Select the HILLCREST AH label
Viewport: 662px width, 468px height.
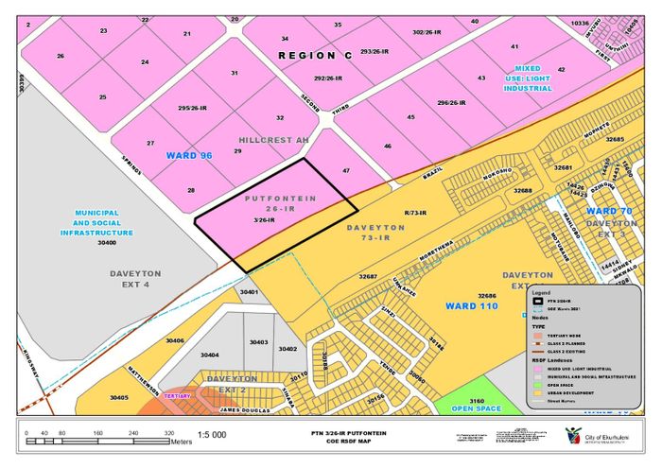[x=273, y=140]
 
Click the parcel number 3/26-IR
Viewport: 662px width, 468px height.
[x=264, y=220]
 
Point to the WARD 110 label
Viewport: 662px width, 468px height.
[x=472, y=307]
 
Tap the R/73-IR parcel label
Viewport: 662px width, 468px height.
[x=414, y=213]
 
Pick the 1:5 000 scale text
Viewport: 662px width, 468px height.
[x=212, y=435]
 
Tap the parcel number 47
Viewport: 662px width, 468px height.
[x=346, y=171]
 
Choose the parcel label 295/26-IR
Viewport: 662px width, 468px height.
[x=194, y=109]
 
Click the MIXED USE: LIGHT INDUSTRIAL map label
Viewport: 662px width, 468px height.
[x=527, y=78]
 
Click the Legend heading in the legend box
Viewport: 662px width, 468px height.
[x=541, y=293]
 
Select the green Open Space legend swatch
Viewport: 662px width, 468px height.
[x=537, y=384]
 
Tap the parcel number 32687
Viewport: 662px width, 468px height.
[x=368, y=276]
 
